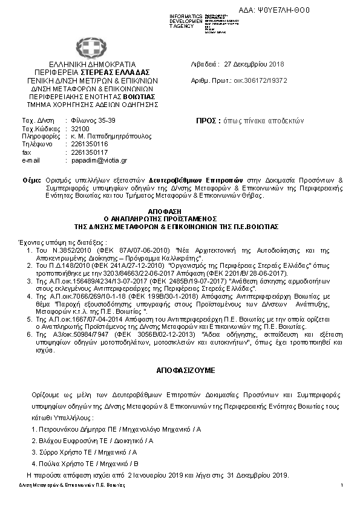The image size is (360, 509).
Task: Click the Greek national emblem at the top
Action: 86,48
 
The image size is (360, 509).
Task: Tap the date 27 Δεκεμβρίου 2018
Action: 250,64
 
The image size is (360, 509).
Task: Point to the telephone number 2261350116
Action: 90,144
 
